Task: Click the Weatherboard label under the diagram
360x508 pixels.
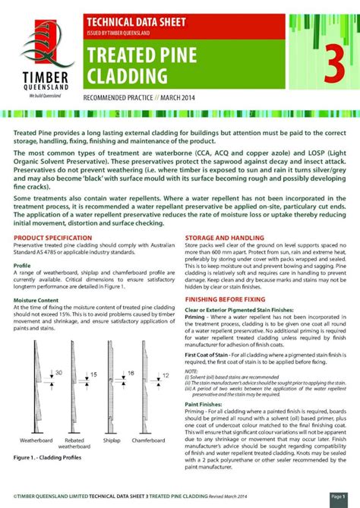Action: [36, 440]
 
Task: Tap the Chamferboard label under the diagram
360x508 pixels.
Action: [150, 440]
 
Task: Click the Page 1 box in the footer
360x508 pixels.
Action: [338, 496]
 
